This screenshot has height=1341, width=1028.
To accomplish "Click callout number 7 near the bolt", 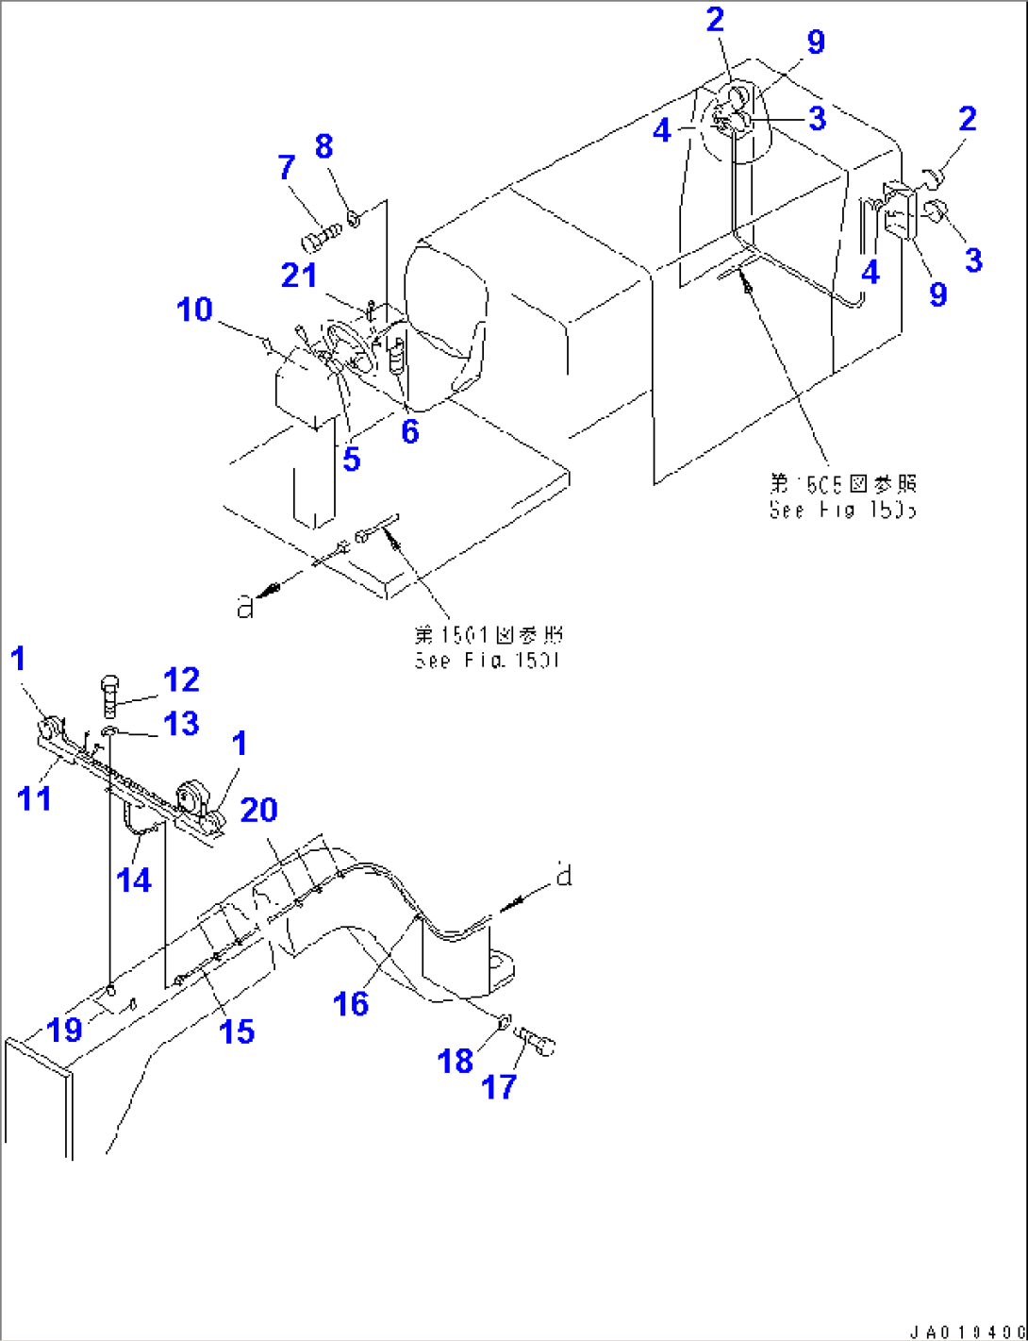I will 287,168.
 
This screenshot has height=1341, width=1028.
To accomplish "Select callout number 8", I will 323,146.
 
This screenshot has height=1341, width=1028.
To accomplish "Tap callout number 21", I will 299,276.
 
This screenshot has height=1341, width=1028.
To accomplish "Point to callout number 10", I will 195,310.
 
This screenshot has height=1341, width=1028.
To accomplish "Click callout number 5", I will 351,460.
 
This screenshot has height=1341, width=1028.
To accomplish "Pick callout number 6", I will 409,431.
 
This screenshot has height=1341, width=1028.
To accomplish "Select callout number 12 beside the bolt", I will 181,679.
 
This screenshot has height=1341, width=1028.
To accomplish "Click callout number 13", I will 181,724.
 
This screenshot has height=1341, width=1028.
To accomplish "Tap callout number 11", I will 35,798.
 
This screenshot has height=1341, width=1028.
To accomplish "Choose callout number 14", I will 134,880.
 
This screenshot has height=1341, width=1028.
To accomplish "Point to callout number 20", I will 258,810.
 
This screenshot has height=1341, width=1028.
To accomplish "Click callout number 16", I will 351,1004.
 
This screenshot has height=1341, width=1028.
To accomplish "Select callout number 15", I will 236,1031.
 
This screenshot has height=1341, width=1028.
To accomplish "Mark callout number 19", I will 65,1030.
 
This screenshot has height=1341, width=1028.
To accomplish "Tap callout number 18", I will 455,1061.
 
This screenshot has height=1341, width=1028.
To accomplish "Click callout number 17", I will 499,1086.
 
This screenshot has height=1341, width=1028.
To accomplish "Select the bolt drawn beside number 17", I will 539,1042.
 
